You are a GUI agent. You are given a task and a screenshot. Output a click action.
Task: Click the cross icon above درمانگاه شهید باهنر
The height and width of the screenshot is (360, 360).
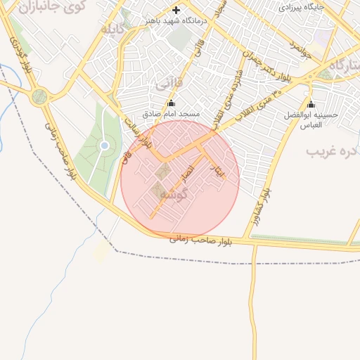pos(176,10)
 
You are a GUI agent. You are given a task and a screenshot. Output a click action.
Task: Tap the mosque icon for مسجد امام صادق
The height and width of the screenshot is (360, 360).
pos(171,103)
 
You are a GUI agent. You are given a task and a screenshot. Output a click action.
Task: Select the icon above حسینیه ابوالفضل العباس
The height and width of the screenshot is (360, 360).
pos(311,104)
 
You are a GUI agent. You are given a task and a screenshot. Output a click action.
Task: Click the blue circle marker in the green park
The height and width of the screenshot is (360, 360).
pos(105,146)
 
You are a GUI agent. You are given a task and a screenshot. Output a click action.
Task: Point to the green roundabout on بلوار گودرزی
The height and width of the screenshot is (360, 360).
pos(40,96)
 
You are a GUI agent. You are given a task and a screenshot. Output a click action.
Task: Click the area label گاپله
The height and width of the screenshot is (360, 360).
pos(112,30)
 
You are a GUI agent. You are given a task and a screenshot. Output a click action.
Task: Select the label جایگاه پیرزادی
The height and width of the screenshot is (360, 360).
pos(302,7)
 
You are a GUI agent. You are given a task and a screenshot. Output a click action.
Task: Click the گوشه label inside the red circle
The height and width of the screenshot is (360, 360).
pos(174,193)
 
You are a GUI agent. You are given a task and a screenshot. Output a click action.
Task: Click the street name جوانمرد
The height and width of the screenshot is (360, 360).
pos(294,49)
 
